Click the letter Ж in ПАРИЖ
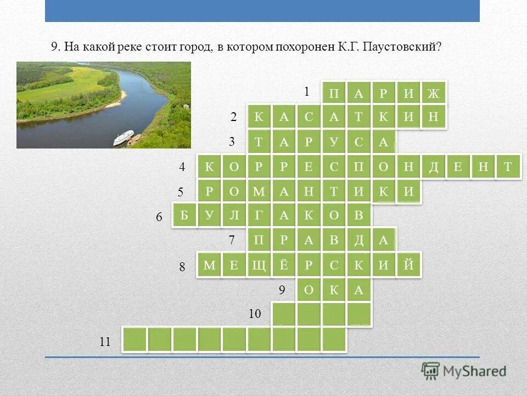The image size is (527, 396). pos(434,94)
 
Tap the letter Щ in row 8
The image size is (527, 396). pos(259,266)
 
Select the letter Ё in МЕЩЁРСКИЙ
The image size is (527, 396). pos(284,266)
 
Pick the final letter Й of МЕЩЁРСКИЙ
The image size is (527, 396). pos(408,266)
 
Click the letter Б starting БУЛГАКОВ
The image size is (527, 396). pos(184,216)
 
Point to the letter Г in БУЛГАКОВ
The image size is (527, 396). pos(259,216)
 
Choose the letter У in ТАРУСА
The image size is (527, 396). pos(334,143)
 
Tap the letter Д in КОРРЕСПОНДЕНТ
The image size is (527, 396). pos(434,167)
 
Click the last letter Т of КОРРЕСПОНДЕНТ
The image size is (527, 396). pos(508,167)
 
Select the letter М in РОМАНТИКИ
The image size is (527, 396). pos(259,191)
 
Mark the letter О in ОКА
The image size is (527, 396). pos(309,290)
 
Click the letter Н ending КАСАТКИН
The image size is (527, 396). pos(434,117)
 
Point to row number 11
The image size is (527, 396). pos(105,342)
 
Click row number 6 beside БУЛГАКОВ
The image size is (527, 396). pos(159,218)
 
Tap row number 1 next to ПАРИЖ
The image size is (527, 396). pos(307,91)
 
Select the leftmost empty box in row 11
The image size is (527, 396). pos(134,339)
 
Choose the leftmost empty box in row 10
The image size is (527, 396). pos(284,315)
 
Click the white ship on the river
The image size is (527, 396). pos(124,137)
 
